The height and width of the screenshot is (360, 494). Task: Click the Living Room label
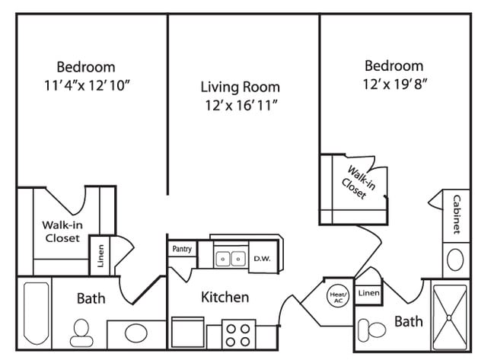coord(240,87)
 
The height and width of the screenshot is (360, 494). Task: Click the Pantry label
coord(182,249)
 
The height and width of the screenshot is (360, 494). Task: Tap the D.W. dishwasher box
coord(262,258)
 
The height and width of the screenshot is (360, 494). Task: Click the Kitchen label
coord(225,297)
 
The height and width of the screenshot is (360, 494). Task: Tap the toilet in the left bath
coord(80,332)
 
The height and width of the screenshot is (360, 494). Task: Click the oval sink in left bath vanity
coord(135,333)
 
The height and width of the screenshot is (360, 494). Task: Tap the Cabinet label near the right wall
coord(456,215)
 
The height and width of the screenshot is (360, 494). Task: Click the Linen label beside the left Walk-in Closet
coord(100,254)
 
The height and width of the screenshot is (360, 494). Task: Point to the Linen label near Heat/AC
coord(368,293)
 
